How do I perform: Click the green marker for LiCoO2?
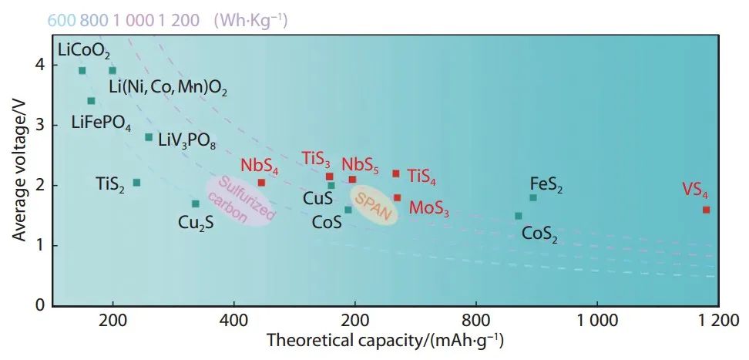(82, 71)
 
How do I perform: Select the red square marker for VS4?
(706, 210)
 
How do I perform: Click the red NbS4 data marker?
(261, 183)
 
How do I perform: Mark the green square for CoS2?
(518, 216)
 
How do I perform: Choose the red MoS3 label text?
(429, 208)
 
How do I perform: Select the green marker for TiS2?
(136, 183)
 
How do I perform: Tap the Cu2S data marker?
(196, 204)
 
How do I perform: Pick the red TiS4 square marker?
(396, 173)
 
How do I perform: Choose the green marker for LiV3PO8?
(149, 137)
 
